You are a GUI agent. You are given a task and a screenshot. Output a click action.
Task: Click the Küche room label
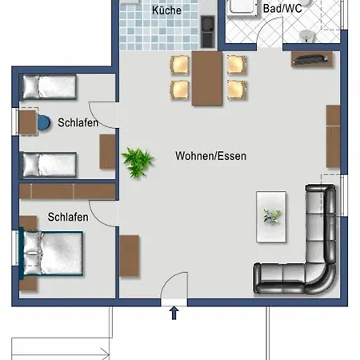click(x=166, y=10)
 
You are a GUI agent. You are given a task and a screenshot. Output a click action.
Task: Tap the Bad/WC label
click(x=282, y=9)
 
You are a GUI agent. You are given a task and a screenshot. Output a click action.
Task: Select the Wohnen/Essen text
click(x=210, y=156)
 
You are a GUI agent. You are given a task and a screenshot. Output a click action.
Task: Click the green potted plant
click(x=137, y=162)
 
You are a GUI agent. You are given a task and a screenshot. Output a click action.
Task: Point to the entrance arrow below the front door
click(x=174, y=313)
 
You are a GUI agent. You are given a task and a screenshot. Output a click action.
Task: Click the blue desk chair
click(x=44, y=123)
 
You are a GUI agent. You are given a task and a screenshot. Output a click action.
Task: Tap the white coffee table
click(x=271, y=217)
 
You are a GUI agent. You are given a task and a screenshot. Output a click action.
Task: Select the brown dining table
click(x=207, y=78)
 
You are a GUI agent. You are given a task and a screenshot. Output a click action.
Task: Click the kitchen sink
click(x=208, y=31)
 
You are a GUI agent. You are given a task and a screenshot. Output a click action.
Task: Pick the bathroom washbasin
click(x=307, y=36)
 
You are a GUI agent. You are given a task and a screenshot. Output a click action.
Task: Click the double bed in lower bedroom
click(x=53, y=253)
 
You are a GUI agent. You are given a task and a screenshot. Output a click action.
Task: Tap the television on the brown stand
click(x=310, y=59)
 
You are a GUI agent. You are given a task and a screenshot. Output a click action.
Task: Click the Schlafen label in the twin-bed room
click(x=78, y=122)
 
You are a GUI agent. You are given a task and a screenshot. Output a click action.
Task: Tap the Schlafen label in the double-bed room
click(x=68, y=217)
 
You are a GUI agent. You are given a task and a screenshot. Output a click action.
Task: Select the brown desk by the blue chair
click(x=28, y=122)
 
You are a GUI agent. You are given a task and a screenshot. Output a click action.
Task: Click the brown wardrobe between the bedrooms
click(x=67, y=191)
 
